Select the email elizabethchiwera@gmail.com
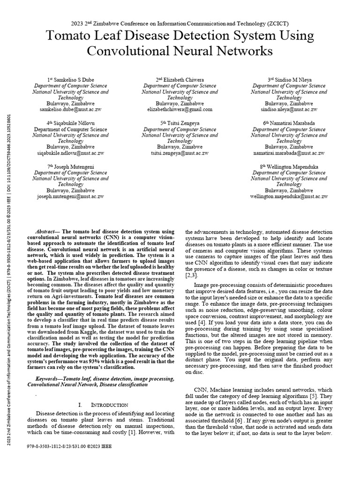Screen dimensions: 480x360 point(180,109)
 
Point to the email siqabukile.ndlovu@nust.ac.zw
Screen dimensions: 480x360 point(70,153)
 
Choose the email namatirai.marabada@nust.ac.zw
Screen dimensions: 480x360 point(289,153)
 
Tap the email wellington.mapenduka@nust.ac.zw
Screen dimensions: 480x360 point(289,196)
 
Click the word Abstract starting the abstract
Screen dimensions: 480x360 point(47,232)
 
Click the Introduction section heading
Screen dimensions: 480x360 point(106,405)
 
